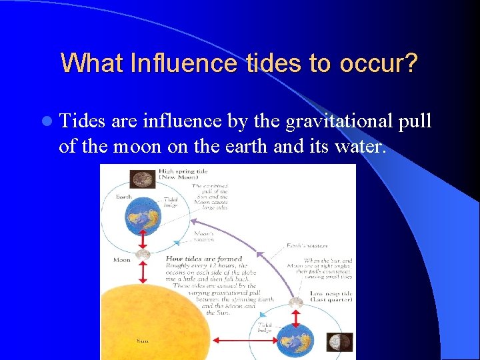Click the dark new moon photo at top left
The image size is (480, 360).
(x=142, y=178)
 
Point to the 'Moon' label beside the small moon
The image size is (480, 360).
(x=121, y=259)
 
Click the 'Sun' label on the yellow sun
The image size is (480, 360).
(x=142, y=341)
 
